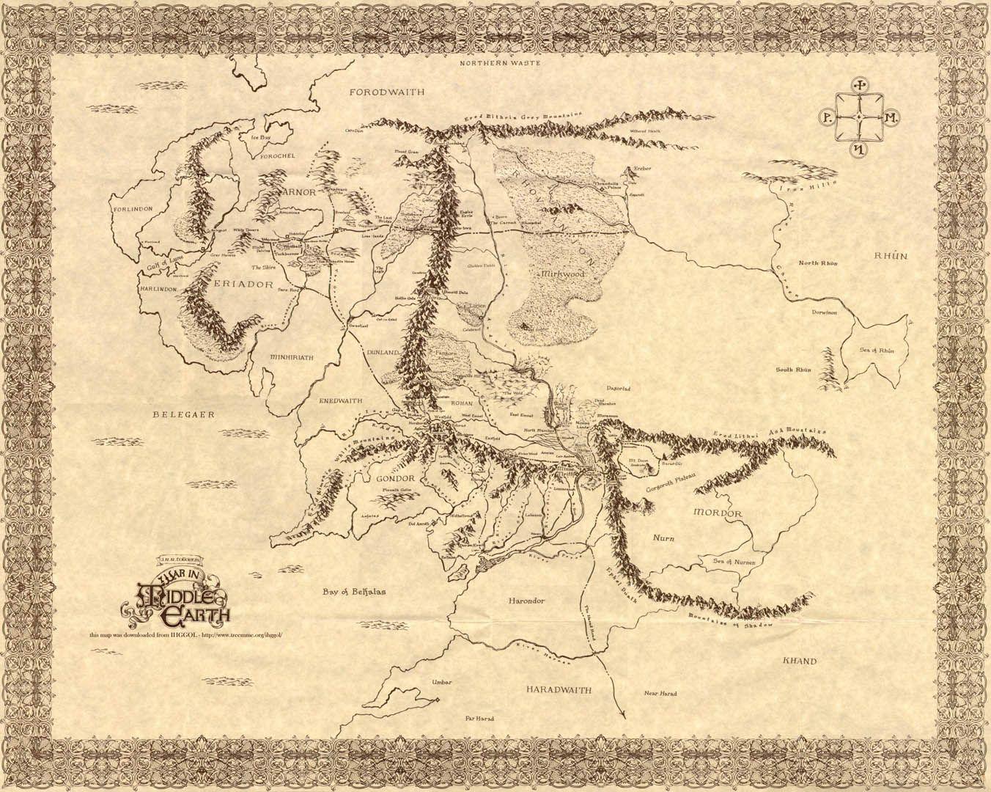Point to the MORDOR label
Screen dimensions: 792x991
click(x=718, y=513)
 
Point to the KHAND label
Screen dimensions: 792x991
click(x=800, y=661)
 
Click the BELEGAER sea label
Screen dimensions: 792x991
click(x=183, y=415)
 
